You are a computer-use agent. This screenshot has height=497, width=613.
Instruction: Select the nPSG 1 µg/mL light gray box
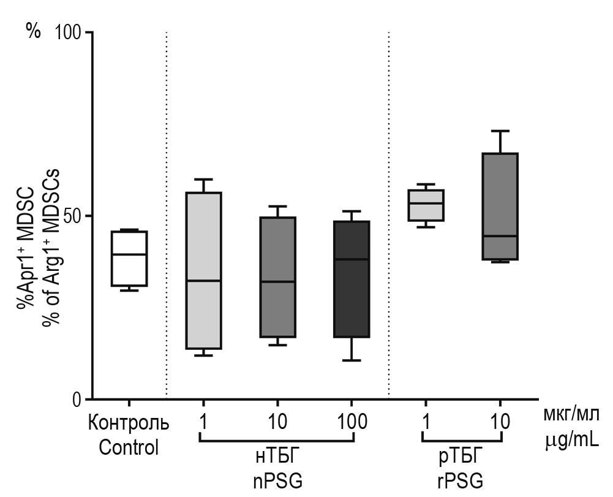click(203, 270)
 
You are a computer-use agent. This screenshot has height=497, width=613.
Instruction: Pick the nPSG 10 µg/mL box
click(277, 277)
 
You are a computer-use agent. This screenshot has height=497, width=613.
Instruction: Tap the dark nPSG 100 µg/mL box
click(352, 279)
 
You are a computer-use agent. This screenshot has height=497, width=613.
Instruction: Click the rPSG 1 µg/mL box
click(426, 205)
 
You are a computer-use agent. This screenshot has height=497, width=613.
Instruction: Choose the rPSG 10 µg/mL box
click(500, 207)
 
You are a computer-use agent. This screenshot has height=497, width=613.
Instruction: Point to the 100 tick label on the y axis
click(68, 32)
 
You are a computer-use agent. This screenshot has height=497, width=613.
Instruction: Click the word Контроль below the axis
click(129, 423)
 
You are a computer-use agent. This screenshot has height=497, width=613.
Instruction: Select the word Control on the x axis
click(129, 447)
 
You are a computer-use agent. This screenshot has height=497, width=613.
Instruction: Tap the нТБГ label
click(277, 458)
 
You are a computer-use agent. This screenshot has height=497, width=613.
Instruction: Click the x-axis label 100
click(352, 422)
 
